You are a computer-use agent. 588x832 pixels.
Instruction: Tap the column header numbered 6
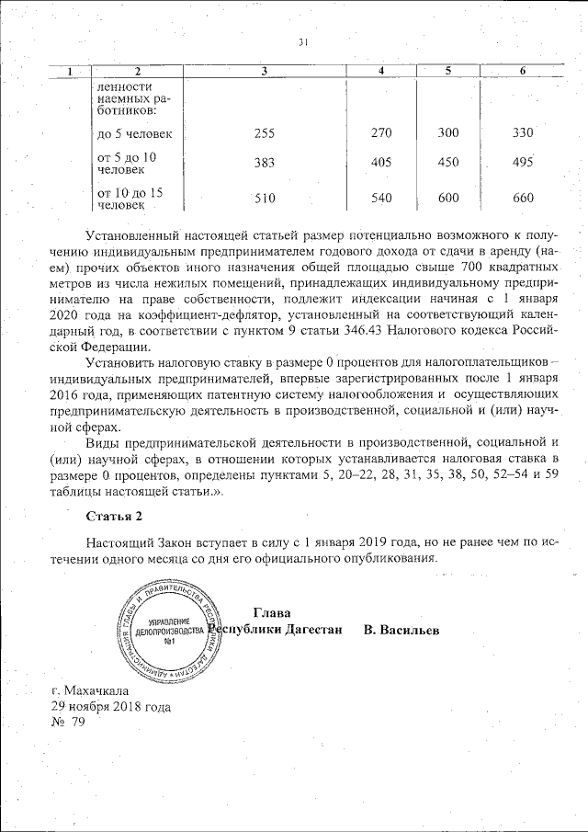pos(522,72)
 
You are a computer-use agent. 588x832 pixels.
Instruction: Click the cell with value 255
pos(264,133)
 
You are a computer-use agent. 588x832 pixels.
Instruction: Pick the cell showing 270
pos(380,133)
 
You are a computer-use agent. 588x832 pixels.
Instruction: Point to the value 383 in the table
pos(264,163)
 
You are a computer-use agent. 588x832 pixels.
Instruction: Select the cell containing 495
pos(522,163)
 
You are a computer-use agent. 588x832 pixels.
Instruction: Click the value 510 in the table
pos(264,198)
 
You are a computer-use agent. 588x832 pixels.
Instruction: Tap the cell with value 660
pos(522,198)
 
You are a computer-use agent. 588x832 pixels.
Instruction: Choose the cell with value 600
pos(448,198)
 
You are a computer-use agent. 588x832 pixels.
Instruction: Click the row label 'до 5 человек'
pos(134,134)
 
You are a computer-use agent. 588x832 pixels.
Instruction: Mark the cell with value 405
pos(380,163)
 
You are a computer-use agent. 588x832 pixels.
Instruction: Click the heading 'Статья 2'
pos(114,514)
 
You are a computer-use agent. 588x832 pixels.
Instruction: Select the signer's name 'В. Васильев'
pos(401,631)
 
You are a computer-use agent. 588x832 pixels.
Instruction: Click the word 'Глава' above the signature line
pos(270,613)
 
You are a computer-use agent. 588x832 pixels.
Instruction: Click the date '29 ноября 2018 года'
pos(110,707)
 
